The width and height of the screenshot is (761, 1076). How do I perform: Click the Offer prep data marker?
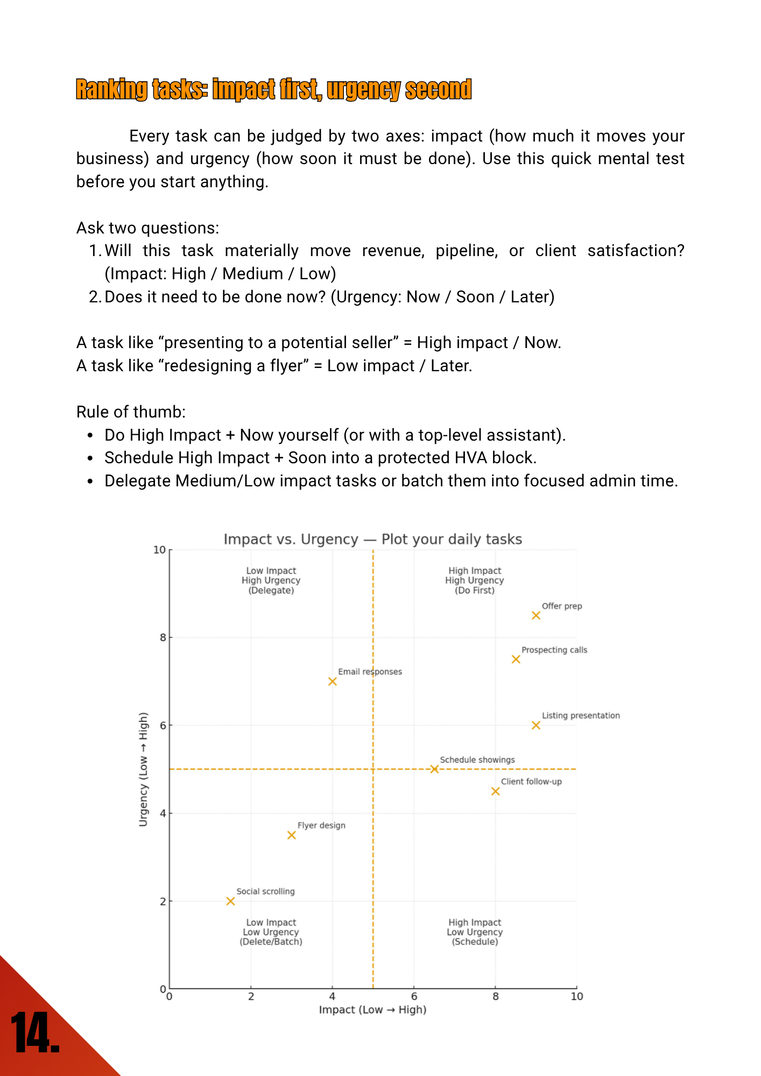click(535, 615)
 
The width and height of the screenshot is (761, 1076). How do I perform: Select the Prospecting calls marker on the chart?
click(516, 660)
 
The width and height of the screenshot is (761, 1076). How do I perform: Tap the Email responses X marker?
click(333, 682)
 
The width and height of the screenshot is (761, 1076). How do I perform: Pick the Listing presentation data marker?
click(535, 725)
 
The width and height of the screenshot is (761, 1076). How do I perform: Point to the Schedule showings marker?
click(434, 769)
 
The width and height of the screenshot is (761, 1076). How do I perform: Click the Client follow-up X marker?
click(495, 791)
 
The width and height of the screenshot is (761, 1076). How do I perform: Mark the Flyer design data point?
click(292, 835)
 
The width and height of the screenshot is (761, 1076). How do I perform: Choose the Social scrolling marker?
click(230, 901)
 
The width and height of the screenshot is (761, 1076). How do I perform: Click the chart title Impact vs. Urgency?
click(372, 539)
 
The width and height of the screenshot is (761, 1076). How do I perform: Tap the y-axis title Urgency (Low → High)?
click(143, 769)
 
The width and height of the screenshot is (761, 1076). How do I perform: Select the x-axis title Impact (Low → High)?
click(372, 1009)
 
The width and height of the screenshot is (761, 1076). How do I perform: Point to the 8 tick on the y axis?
click(163, 638)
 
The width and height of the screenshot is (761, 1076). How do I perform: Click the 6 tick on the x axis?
click(414, 996)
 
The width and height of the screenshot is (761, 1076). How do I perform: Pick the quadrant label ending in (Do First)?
click(474, 581)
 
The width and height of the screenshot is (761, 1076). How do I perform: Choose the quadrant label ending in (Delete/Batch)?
click(271, 932)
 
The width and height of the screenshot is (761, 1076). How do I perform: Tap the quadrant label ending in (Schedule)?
click(474, 932)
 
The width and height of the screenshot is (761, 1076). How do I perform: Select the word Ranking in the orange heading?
click(111, 90)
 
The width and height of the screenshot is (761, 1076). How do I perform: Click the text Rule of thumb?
click(131, 412)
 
